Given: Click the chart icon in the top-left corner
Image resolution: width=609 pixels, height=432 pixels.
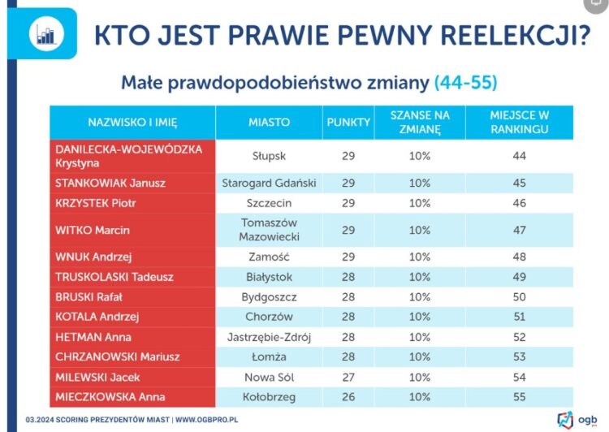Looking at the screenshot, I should pos(44,33).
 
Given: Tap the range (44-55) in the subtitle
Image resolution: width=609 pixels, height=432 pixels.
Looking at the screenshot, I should pos(466,82).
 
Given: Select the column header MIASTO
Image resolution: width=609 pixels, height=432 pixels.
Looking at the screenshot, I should pos(270,122).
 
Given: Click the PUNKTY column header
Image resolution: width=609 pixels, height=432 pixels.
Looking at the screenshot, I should pos(348,122).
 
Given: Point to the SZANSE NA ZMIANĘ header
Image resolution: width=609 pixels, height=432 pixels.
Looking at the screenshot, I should pos(420,122).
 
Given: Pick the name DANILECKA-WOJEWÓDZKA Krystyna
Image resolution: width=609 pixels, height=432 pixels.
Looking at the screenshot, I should pos(128,156).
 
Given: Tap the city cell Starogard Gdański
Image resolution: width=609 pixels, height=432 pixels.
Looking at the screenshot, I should pos(270,184).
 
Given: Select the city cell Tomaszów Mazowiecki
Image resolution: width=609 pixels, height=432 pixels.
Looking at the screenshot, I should pos(268,230).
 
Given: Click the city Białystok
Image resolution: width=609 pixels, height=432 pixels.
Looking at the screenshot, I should pos(269,277).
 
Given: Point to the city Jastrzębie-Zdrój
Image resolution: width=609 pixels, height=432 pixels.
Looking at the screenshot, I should pos(269,337).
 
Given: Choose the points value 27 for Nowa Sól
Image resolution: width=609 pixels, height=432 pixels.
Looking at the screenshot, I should pos(348,377).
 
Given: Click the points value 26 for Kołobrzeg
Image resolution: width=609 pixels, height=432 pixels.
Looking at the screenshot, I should pos(348,397).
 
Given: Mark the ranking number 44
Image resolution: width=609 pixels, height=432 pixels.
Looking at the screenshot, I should pos(520,155).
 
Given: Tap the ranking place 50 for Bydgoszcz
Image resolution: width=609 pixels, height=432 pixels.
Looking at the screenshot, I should pos(520,297).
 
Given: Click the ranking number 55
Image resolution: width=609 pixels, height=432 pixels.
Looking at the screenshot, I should pos(520,397).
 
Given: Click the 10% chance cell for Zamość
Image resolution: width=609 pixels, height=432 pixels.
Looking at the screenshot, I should pos(420,257).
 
